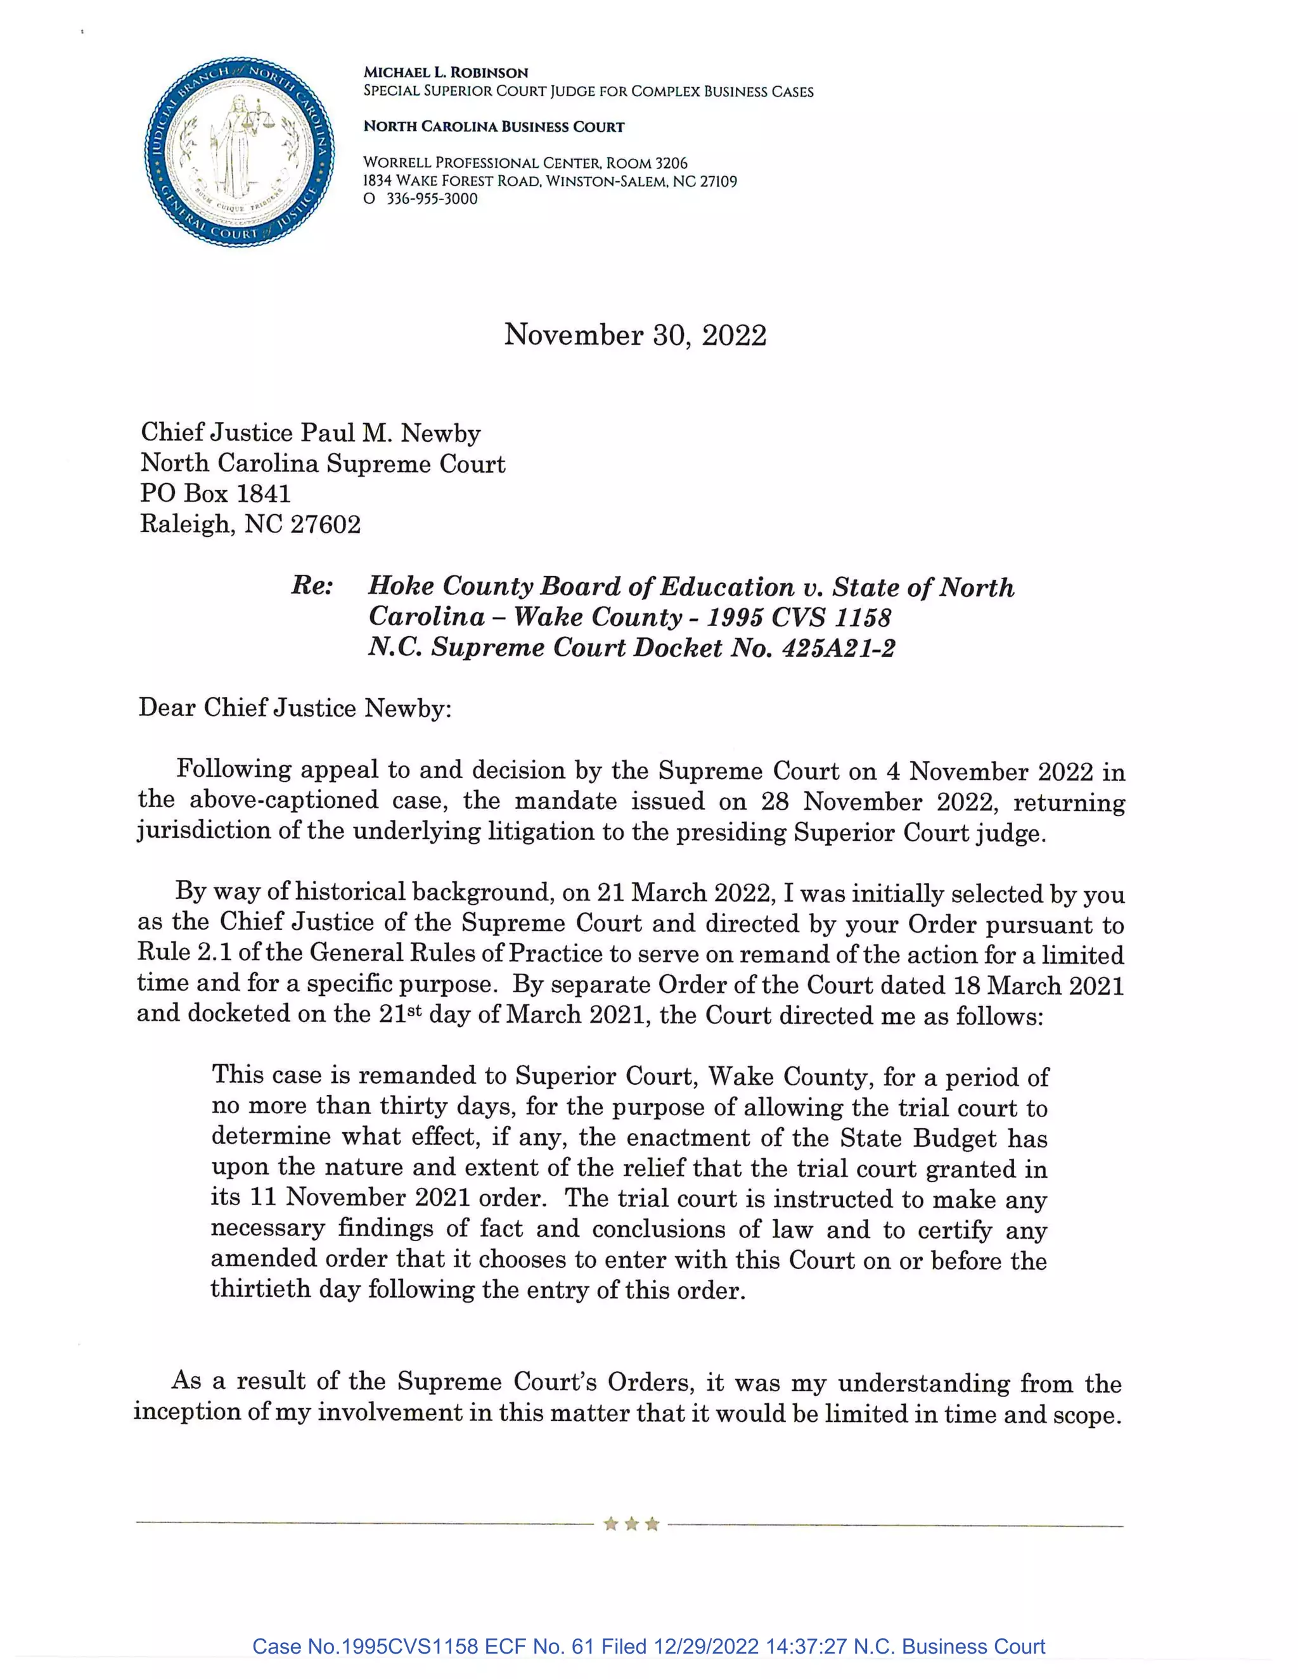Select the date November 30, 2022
tap(635, 335)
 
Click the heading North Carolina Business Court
tap(494, 127)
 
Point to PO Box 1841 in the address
tap(215, 494)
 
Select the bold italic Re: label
tap(312, 586)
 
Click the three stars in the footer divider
tap(631, 1523)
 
